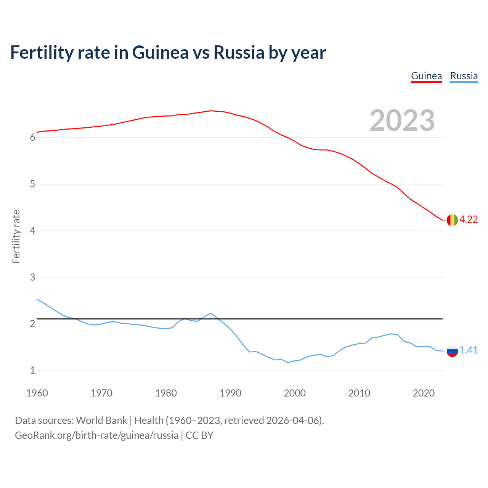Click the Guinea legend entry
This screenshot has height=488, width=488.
click(426, 76)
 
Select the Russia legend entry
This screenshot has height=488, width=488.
click(464, 76)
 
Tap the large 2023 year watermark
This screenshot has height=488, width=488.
click(402, 120)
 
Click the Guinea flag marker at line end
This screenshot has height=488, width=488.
click(452, 220)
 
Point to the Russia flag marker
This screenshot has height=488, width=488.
click(452, 351)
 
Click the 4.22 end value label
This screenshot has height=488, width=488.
click(469, 220)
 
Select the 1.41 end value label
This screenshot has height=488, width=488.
click(469, 350)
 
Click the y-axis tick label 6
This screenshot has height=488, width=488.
click(32, 138)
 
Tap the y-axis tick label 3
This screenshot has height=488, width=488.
click(32, 277)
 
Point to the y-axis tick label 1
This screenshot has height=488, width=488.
click(32, 370)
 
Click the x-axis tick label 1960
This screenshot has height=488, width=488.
click(37, 393)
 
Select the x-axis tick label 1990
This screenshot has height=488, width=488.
click(230, 393)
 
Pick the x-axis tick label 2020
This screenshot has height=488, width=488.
click(424, 393)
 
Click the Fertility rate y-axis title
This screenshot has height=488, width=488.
click(16, 236)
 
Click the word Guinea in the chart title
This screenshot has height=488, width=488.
click(160, 52)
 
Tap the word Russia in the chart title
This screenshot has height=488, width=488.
click(239, 52)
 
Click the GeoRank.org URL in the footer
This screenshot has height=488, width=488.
click(96, 435)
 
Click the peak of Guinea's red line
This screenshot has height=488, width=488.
click(211, 111)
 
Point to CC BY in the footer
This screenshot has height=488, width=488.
click(199, 435)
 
